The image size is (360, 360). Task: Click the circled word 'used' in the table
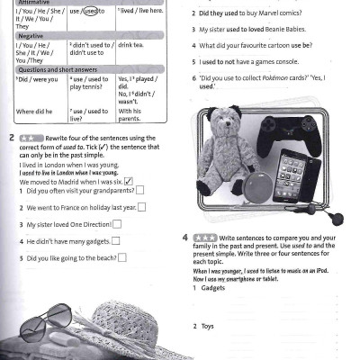point(91,12)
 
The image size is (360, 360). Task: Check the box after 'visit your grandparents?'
point(139,191)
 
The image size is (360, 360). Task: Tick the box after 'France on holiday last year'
point(142,207)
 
